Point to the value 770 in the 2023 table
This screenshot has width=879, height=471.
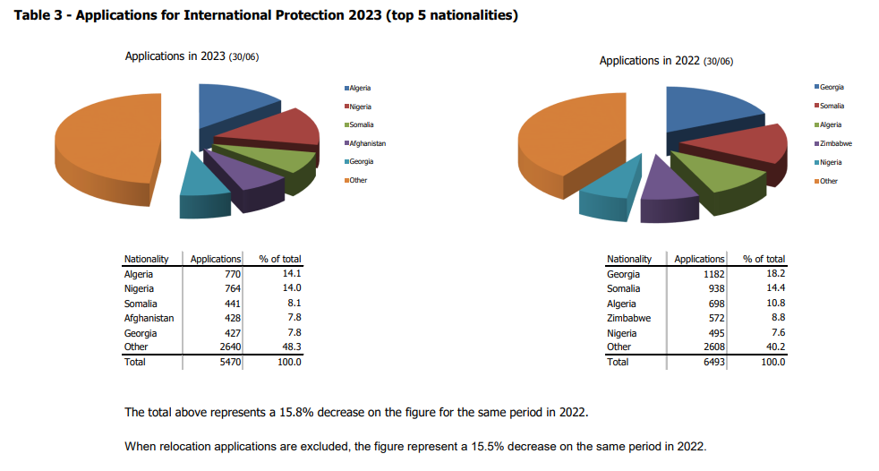coord(232,274)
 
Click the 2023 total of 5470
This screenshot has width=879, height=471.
coord(229,362)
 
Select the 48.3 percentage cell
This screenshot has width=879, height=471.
coord(292,347)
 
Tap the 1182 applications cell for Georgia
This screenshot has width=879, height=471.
coord(712,274)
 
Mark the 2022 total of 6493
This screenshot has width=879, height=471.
coord(712,362)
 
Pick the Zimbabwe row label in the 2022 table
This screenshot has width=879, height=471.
coord(628,318)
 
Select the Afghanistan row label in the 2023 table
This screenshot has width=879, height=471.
coord(149,318)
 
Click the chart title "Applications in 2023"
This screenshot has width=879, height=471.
coord(175,56)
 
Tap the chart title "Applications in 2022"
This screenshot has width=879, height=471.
coord(649,61)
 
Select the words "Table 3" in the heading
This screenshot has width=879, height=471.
coord(35,16)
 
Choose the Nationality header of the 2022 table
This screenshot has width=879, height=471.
coord(628,259)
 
